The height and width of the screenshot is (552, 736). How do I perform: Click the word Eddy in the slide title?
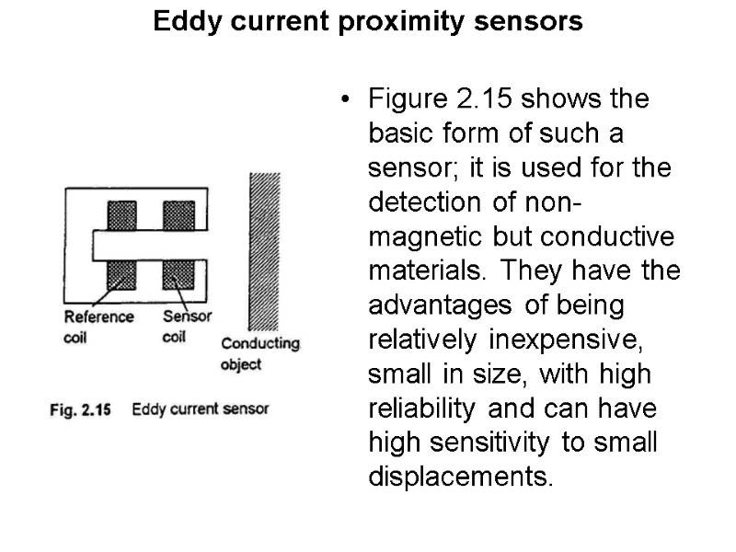[x=179, y=21]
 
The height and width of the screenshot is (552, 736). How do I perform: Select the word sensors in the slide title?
[x=534, y=21]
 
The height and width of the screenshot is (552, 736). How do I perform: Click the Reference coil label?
[x=98, y=326]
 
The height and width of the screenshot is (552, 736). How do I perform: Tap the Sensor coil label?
[x=187, y=326]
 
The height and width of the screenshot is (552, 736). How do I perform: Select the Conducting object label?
[x=260, y=353]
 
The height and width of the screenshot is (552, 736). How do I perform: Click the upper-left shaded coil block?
[x=122, y=216]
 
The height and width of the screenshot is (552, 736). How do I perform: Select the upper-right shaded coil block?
[x=178, y=216]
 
